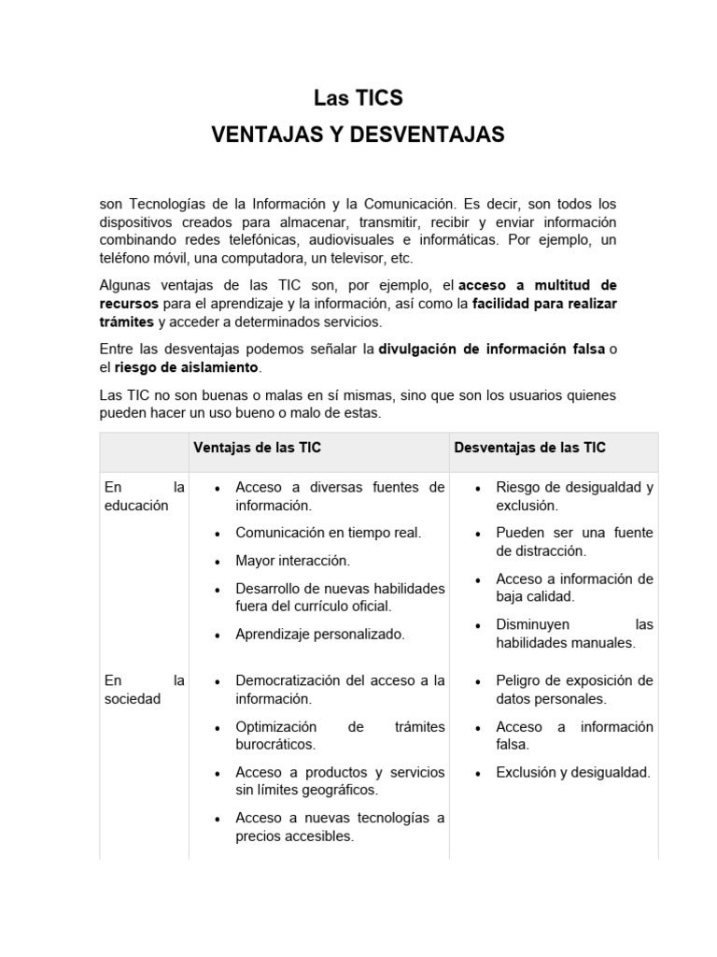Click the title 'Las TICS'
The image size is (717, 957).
pos(358,98)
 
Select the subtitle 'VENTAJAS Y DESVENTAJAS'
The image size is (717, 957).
pos(358,135)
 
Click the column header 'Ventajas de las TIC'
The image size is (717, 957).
pos(257,448)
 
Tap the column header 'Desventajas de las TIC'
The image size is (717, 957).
pos(529,448)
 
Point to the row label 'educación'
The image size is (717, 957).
pos(136,506)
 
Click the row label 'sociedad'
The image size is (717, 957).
pos(133,698)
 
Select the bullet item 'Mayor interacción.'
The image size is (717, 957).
pos(292,561)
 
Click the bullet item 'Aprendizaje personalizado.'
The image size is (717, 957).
pos(320,634)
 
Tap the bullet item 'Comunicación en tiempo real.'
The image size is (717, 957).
pos(328,533)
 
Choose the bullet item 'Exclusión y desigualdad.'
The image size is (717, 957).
pos(573,772)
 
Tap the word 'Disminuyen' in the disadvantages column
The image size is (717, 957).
pos(533,624)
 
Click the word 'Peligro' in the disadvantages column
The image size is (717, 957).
pos(519,679)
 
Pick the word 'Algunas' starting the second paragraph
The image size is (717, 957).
pos(124,285)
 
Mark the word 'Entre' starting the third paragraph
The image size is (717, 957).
pos(117,350)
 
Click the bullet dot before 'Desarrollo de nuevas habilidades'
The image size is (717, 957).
pos(217,591)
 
